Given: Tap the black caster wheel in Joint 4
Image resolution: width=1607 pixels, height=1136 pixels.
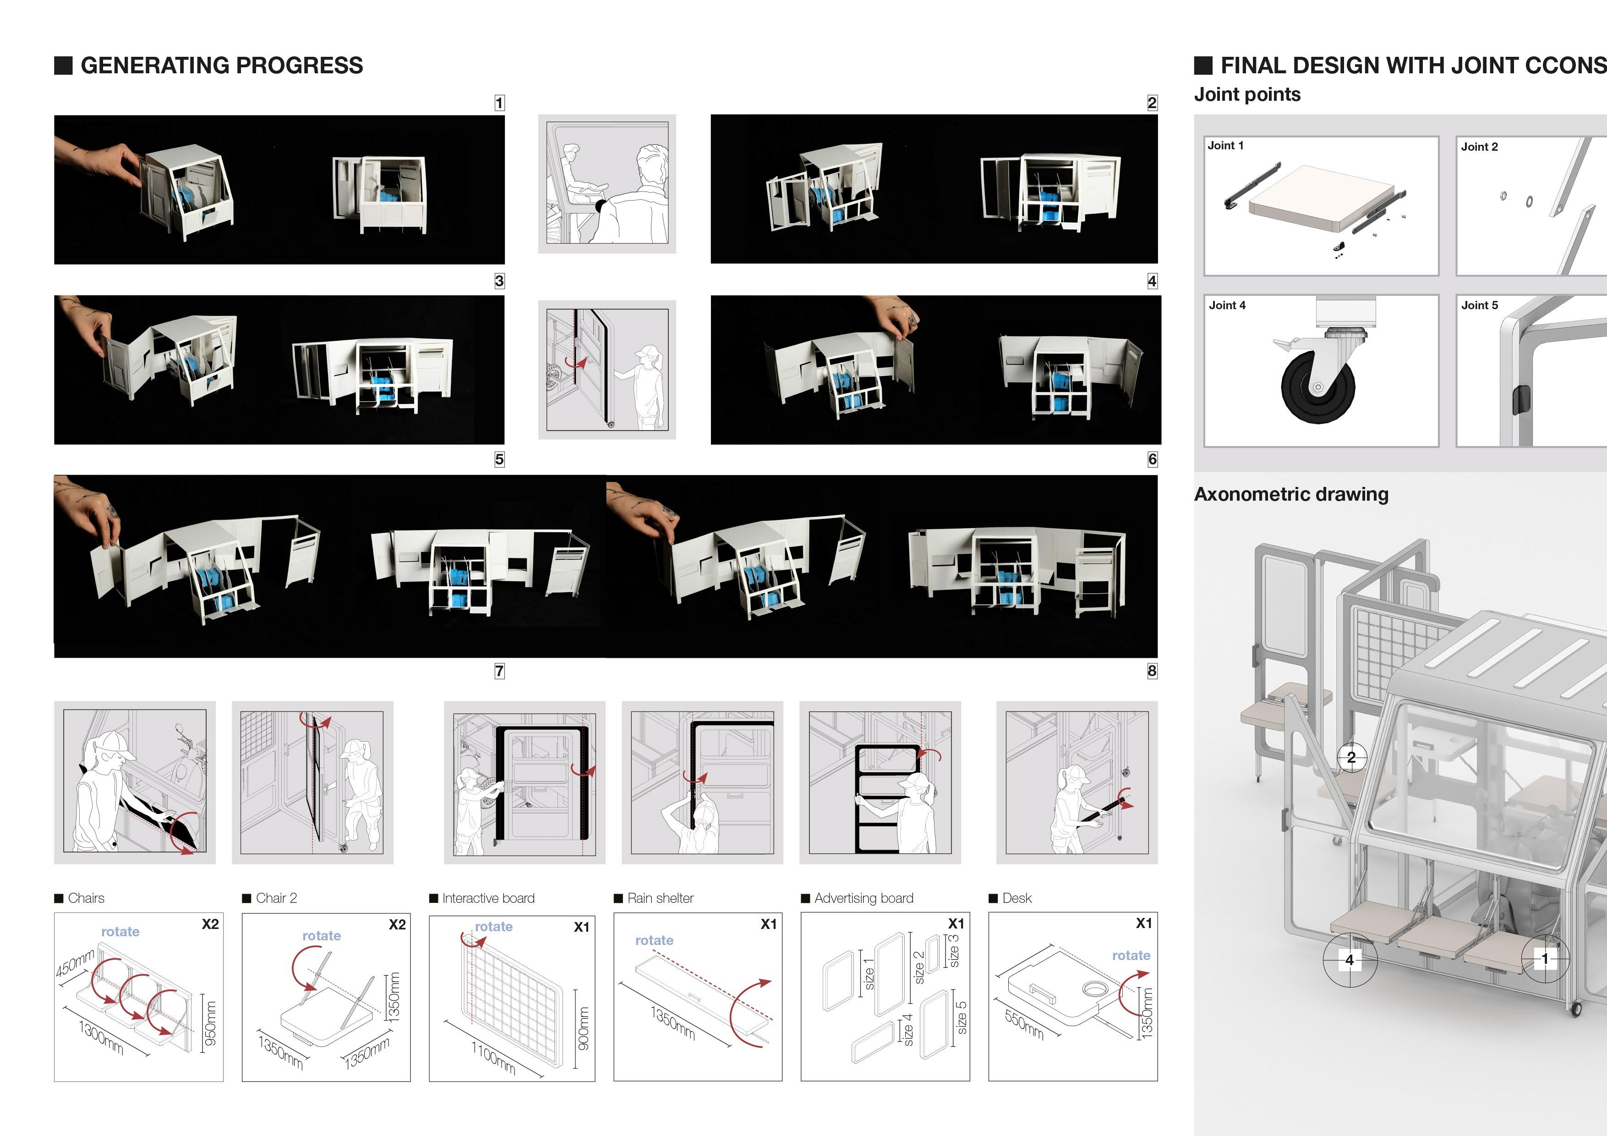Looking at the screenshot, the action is (1317, 386).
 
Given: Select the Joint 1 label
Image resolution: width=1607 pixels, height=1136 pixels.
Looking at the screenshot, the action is (1225, 146).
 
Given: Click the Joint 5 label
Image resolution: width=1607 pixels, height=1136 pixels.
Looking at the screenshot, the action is (1479, 305).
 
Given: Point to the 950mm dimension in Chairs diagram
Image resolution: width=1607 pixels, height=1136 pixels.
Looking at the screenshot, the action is (210, 1023).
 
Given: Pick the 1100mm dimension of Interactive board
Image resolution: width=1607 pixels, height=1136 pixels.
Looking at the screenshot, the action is (493, 1058).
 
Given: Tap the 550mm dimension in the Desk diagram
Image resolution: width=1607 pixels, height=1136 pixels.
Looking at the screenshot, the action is (1024, 1025).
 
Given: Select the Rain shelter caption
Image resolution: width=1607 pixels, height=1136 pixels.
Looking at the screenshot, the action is (660, 898).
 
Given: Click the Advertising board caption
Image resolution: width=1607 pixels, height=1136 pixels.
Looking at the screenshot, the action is (864, 898).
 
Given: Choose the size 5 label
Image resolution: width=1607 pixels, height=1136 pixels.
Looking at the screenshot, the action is (962, 1017).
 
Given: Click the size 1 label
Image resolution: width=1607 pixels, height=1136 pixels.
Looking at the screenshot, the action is (869, 974).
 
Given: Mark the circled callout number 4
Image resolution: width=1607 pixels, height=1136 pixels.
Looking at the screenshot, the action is (1350, 960).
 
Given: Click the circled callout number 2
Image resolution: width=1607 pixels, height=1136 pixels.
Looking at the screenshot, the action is (1351, 757).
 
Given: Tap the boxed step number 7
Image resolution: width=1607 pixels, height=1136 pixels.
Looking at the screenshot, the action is (499, 671).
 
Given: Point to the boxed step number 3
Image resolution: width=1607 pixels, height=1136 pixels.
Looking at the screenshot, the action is (499, 281).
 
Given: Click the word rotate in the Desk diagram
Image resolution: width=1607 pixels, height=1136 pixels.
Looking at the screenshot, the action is (1131, 956).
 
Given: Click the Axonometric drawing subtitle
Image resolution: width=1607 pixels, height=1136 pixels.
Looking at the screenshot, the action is (1290, 494).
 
